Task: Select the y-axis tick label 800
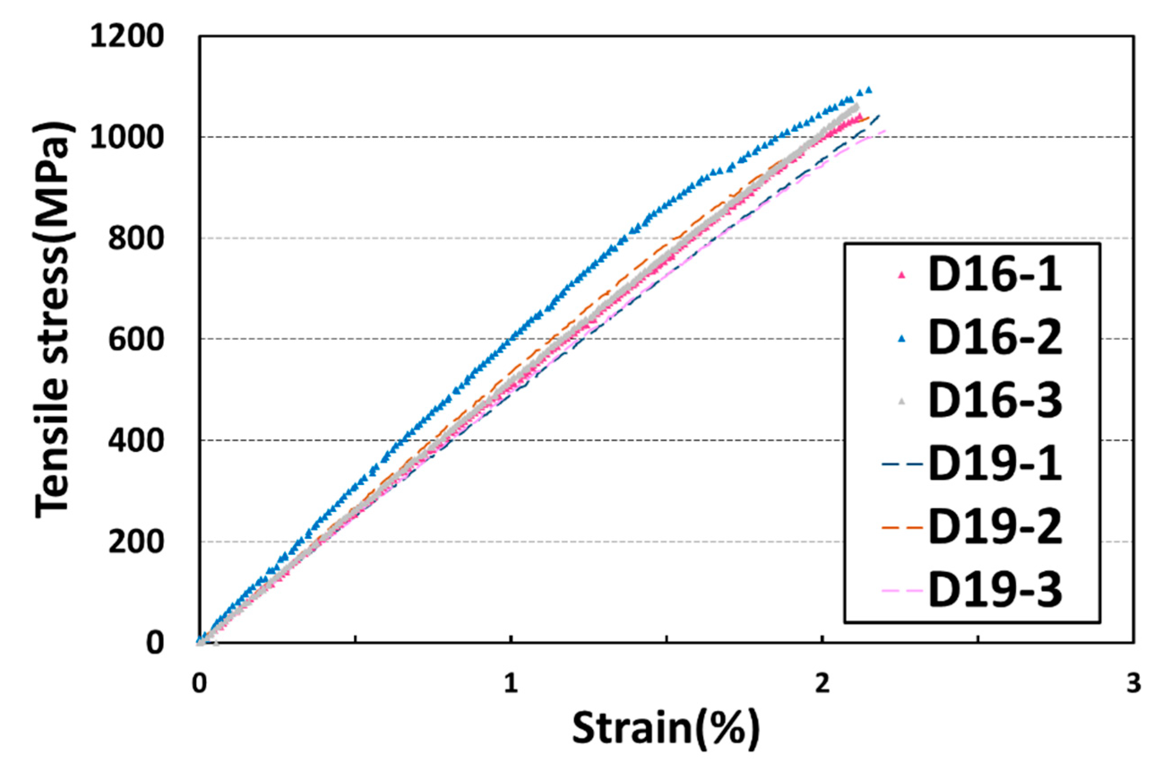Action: [135, 239]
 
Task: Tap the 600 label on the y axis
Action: [135, 340]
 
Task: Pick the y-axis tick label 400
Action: [135, 442]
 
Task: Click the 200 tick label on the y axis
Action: [135, 542]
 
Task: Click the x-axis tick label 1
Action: [511, 683]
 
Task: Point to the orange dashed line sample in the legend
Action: [902, 528]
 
